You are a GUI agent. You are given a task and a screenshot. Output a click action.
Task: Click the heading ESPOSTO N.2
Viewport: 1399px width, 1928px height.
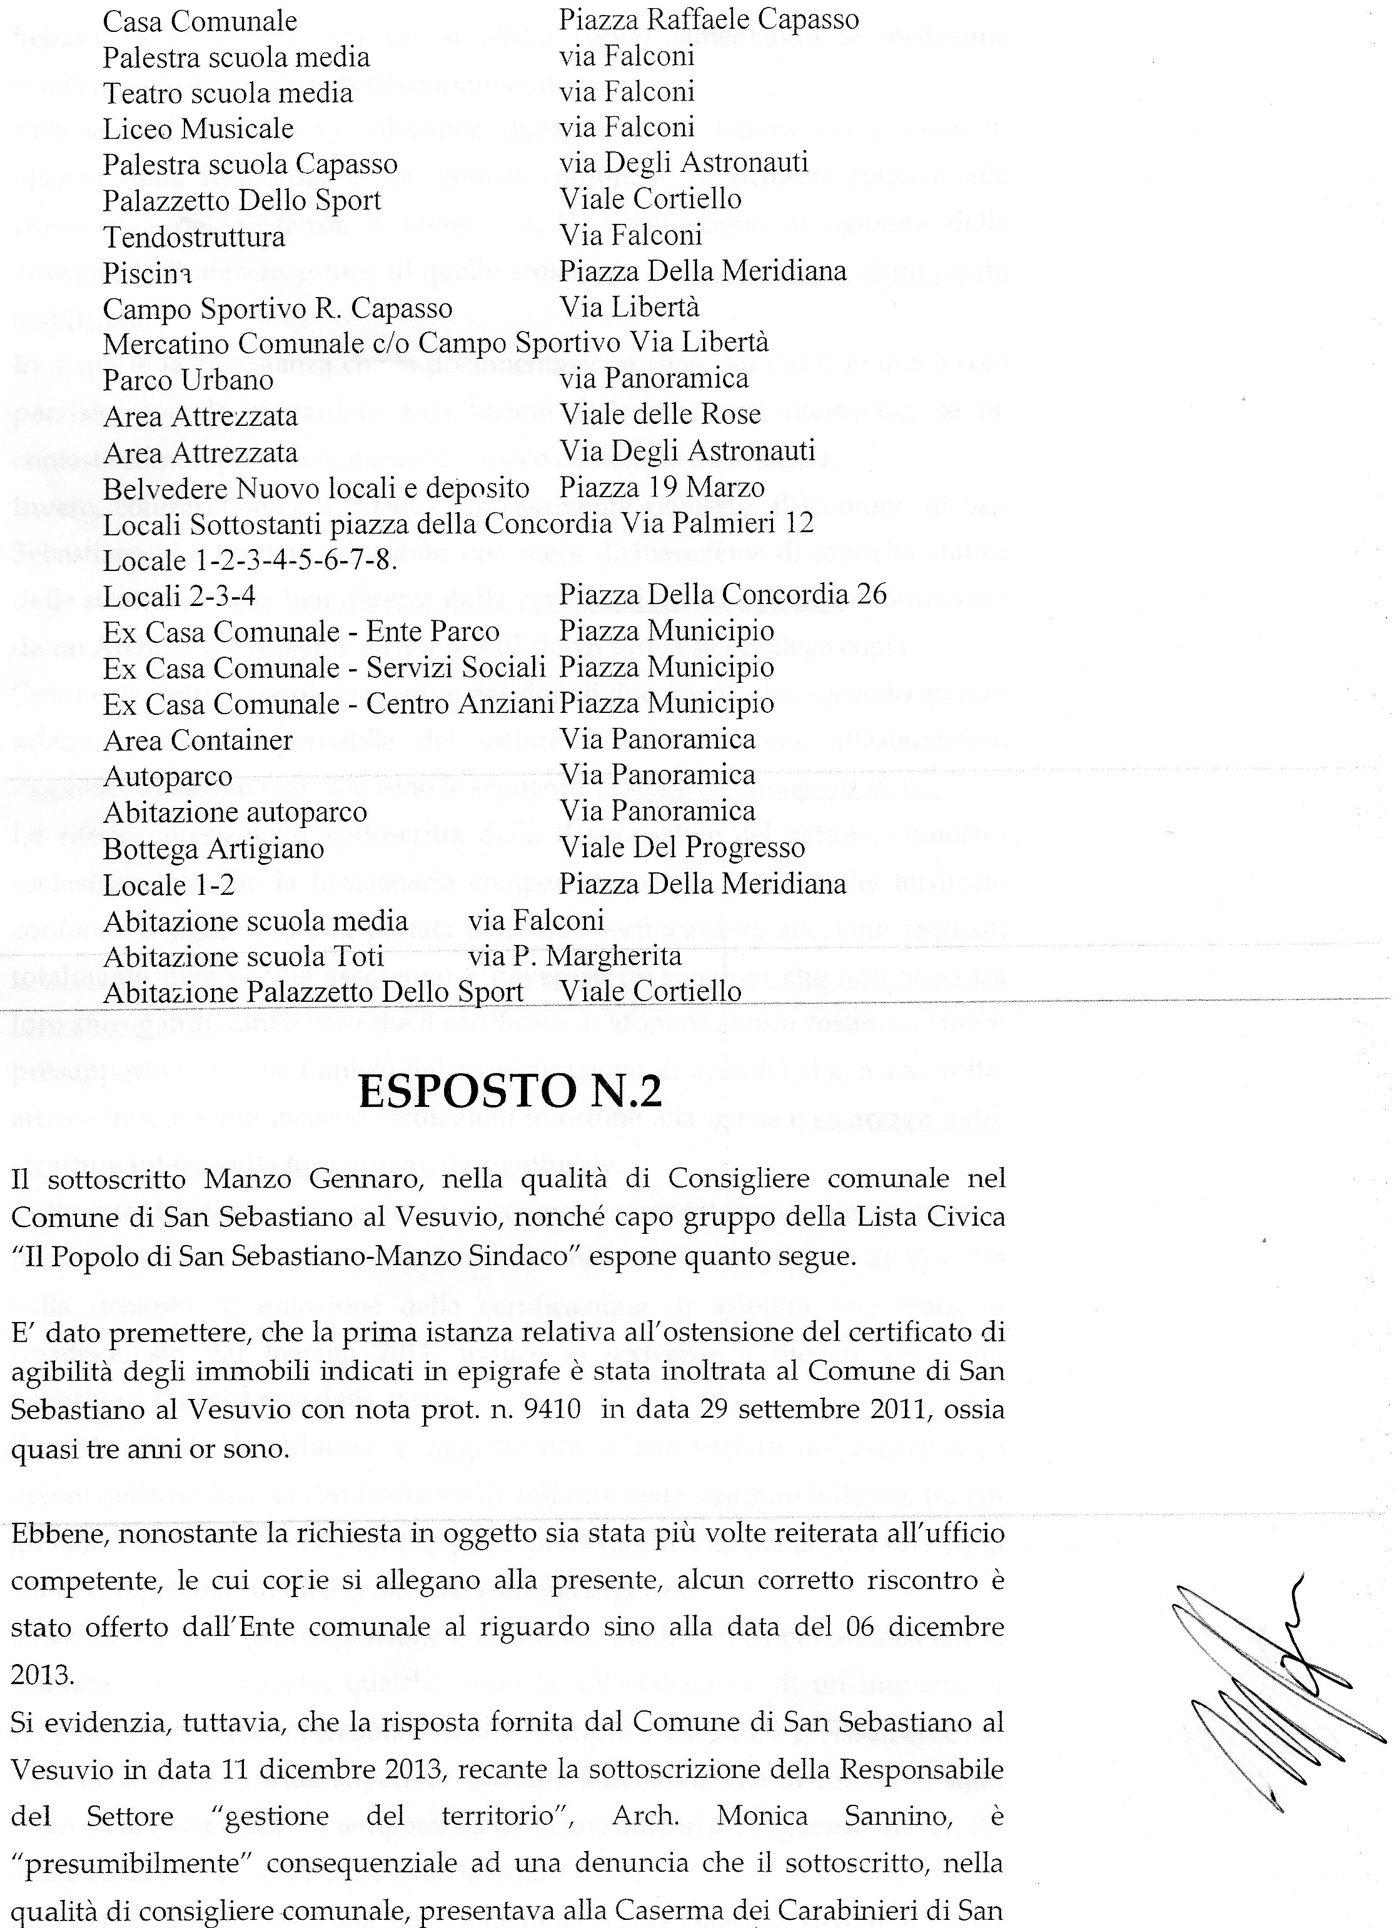click(x=510, y=1091)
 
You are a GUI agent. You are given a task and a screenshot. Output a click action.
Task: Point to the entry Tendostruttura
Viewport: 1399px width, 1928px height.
click(x=194, y=236)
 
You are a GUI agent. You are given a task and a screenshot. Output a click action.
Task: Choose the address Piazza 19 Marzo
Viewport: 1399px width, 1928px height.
click(x=662, y=487)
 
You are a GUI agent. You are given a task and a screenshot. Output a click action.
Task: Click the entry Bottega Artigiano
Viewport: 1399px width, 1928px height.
click(x=213, y=849)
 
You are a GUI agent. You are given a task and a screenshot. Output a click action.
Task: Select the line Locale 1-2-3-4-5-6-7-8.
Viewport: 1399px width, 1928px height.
click(x=251, y=560)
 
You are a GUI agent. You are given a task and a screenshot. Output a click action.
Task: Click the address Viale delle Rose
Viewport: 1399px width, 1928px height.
click(x=660, y=415)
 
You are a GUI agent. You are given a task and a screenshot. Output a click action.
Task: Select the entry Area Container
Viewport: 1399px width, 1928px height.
click(x=198, y=740)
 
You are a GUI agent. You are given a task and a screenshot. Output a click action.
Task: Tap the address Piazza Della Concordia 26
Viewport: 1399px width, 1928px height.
click(x=722, y=593)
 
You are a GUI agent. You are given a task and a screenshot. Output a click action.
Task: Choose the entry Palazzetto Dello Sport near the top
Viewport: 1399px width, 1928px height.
click(x=242, y=201)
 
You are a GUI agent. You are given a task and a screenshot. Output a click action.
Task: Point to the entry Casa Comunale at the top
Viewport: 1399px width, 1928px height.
click(x=199, y=21)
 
